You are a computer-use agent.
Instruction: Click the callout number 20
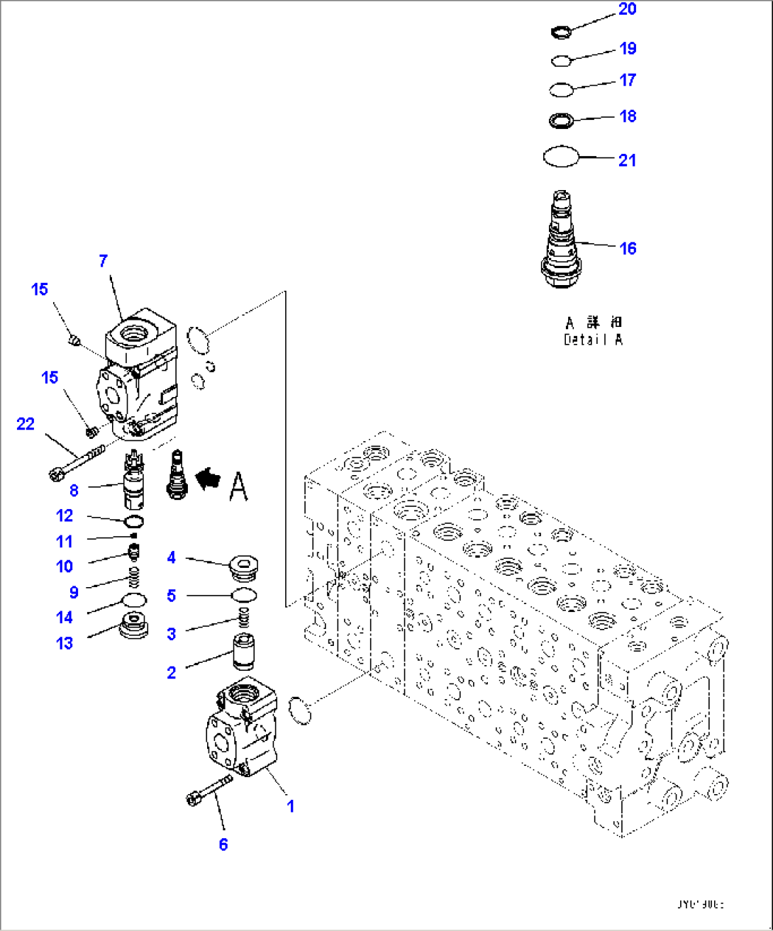[628, 9]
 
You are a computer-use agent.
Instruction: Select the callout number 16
[628, 248]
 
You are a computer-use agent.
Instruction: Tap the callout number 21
[627, 160]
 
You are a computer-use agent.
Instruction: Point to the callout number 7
[104, 261]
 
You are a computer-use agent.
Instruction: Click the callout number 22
[26, 424]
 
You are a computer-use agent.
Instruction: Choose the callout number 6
[223, 844]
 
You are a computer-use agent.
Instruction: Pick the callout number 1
[290, 806]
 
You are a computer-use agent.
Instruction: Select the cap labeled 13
[134, 627]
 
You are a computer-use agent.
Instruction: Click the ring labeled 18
[561, 121]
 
